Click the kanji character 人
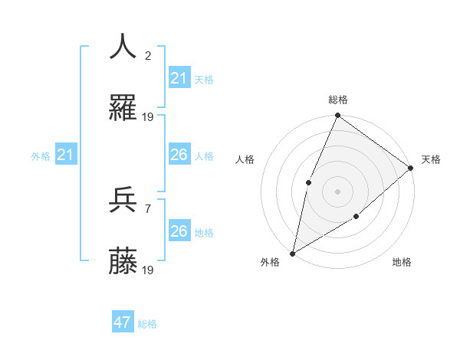click(123, 47)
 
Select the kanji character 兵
click(123, 200)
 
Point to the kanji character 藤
click(123, 262)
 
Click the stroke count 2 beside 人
click(148, 55)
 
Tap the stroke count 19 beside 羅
click(148, 117)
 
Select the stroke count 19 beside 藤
click(148, 270)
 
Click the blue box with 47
click(123, 322)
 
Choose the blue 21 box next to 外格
click(67, 155)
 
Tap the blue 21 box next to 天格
click(179, 78)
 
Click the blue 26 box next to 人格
click(179, 155)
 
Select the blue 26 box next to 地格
click(179, 231)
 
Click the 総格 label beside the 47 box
click(147, 324)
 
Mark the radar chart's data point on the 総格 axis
click(337, 116)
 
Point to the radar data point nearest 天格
click(410, 168)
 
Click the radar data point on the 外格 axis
click(292, 253)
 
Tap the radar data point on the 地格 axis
click(356, 217)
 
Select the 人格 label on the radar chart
click(245, 159)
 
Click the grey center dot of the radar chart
click(337, 191)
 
